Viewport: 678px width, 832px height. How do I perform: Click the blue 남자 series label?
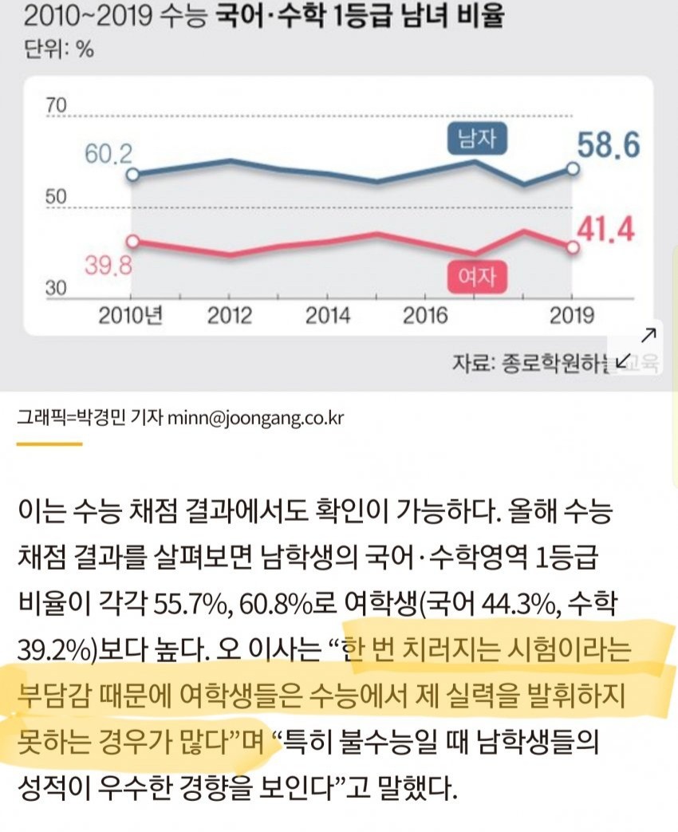pos(478,140)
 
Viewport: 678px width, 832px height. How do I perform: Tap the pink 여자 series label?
pos(476,276)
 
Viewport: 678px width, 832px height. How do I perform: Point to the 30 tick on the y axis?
pos(57,289)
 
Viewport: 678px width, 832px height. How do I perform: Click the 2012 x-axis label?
pos(230,316)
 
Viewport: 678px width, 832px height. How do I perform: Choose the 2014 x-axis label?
pos(328,316)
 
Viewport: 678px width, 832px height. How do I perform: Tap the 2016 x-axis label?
pos(425,316)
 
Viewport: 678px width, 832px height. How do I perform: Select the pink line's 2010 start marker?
pos(133,241)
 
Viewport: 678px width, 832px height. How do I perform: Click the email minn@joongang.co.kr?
pos(256,419)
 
